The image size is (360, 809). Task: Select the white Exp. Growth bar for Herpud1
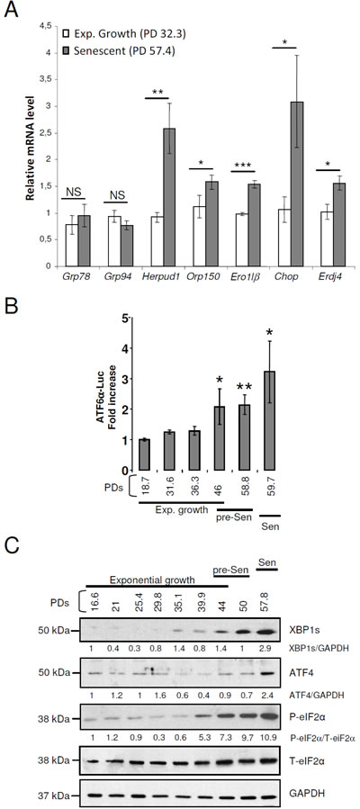click(157, 241)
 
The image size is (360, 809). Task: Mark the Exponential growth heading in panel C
click(152, 580)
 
